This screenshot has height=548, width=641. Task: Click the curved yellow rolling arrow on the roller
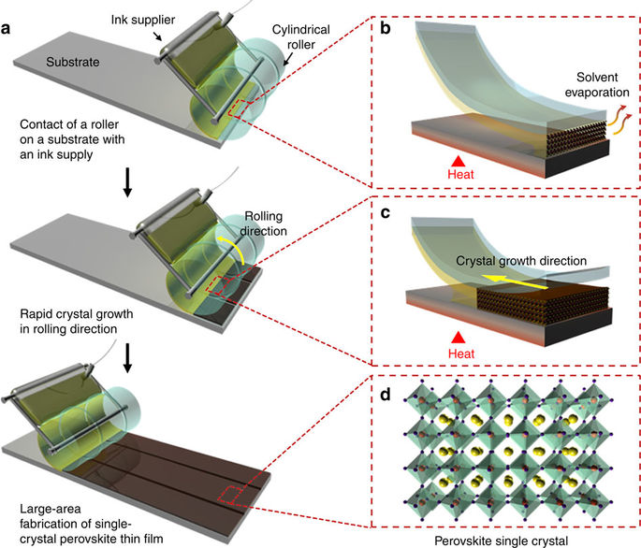coord(241,246)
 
